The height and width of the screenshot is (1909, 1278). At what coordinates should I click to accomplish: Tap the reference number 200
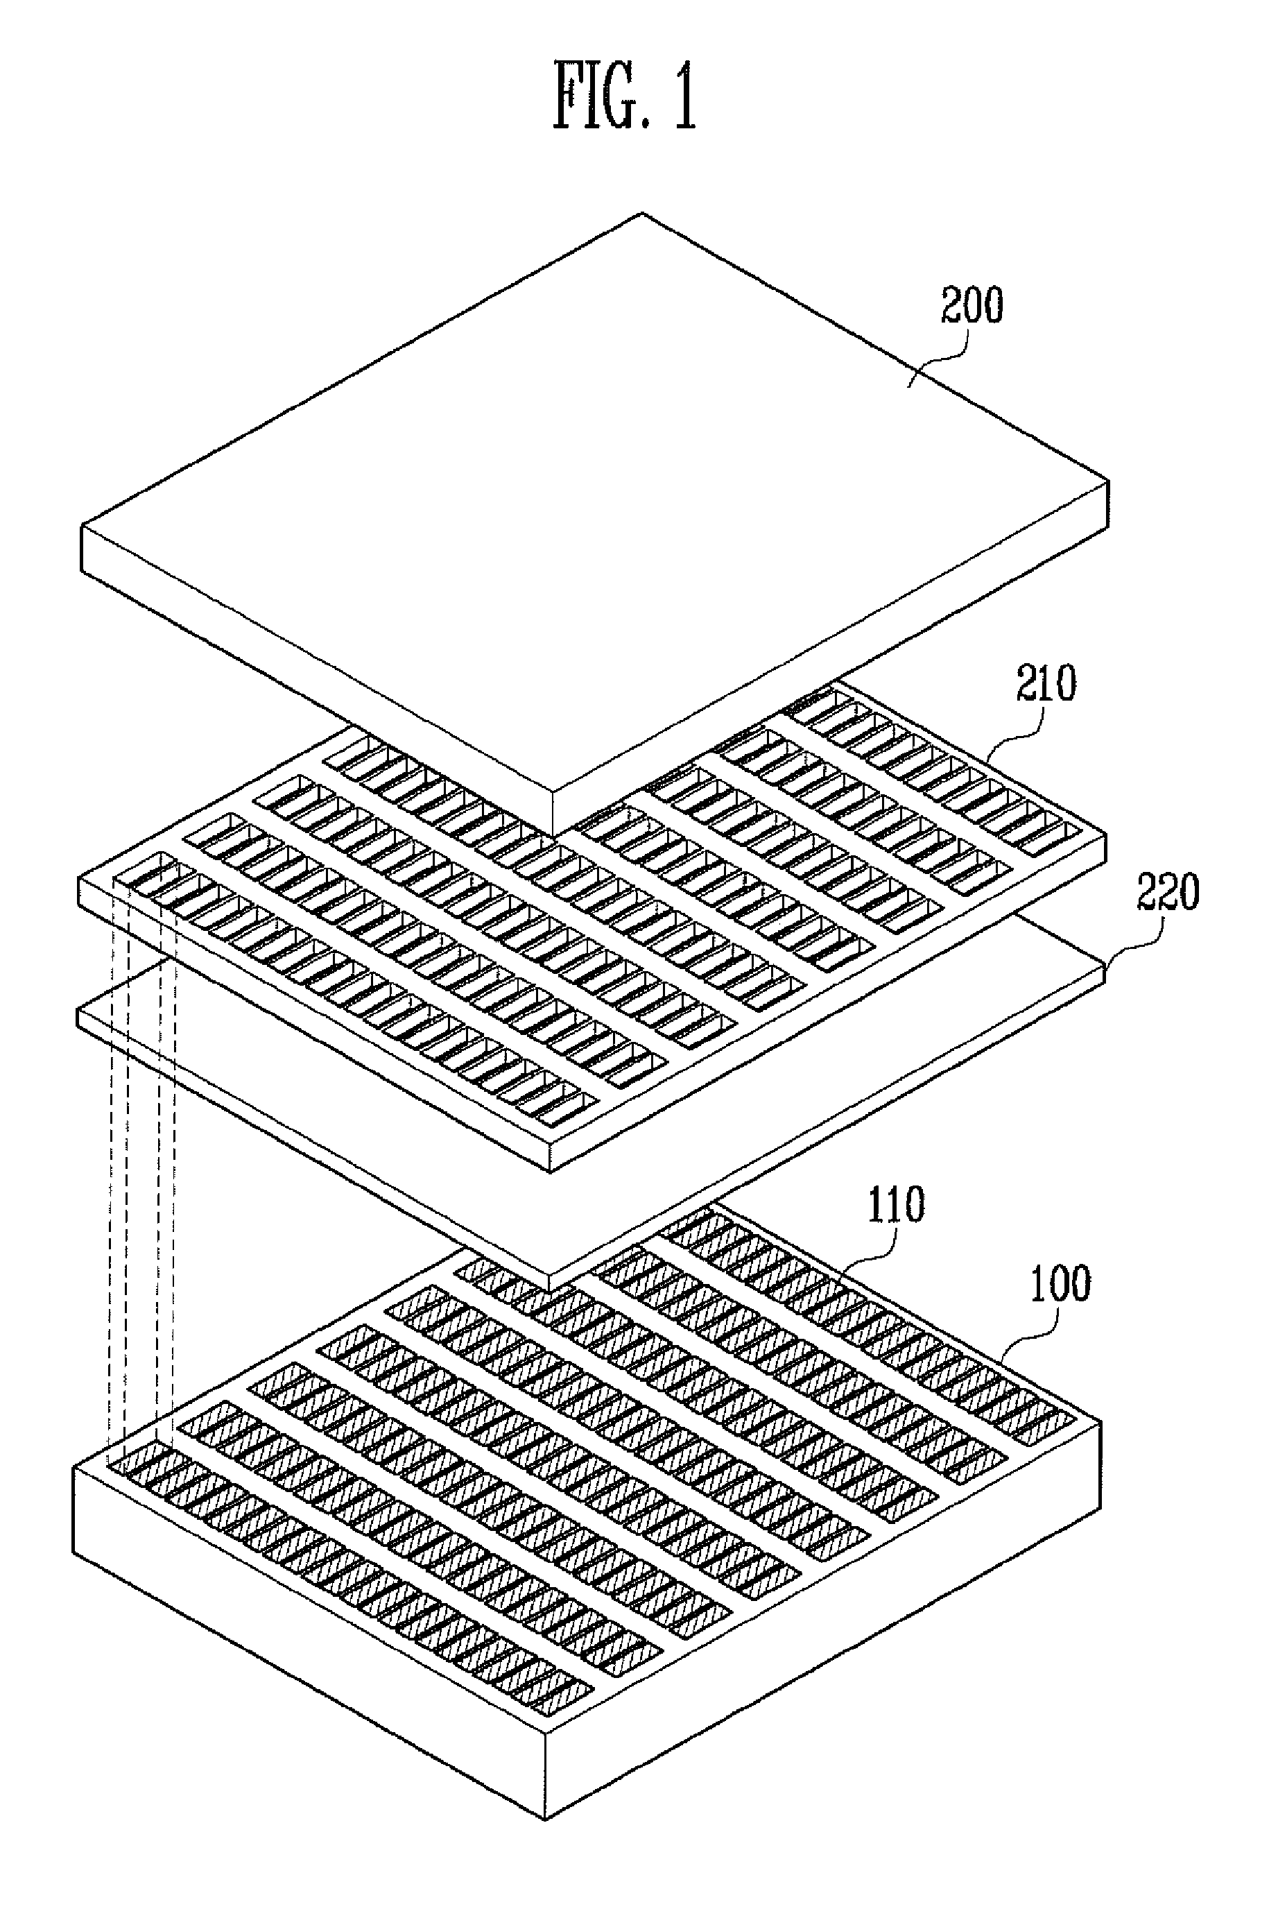(972, 306)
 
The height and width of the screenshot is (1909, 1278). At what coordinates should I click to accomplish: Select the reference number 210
(1046, 684)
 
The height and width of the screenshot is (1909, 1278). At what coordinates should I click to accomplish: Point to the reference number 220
(1168, 893)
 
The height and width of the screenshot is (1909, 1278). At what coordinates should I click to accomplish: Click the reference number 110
(896, 1205)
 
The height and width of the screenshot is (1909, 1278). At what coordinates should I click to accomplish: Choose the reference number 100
(1060, 1284)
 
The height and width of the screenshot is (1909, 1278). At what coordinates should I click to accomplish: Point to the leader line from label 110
(872, 1256)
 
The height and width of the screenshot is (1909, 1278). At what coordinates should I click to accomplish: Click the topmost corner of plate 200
(642, 214)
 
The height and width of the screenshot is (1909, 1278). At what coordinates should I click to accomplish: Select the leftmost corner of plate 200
(82, 528)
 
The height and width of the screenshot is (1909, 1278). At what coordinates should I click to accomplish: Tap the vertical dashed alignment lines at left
(142, 1182)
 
